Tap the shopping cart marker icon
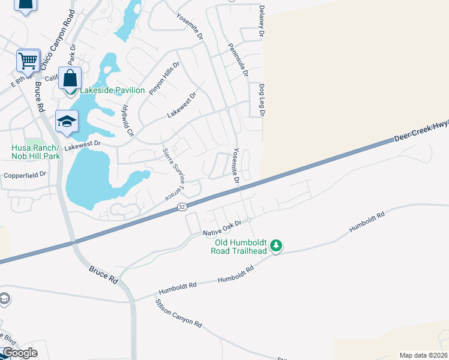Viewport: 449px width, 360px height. point(28,60)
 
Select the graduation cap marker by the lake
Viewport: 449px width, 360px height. point(67,121)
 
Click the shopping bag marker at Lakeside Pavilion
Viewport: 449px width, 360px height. point(70,79)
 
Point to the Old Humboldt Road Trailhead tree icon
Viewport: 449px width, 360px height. point(276,245)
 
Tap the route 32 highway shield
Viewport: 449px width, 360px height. point(181,206)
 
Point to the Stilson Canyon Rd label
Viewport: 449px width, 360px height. point(179,313)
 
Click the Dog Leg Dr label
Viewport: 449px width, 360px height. point(262,100)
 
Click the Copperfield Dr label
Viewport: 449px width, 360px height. point(25,175)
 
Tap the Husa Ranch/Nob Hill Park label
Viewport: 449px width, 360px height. point(35,152)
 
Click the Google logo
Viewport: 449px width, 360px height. point(20,352)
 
